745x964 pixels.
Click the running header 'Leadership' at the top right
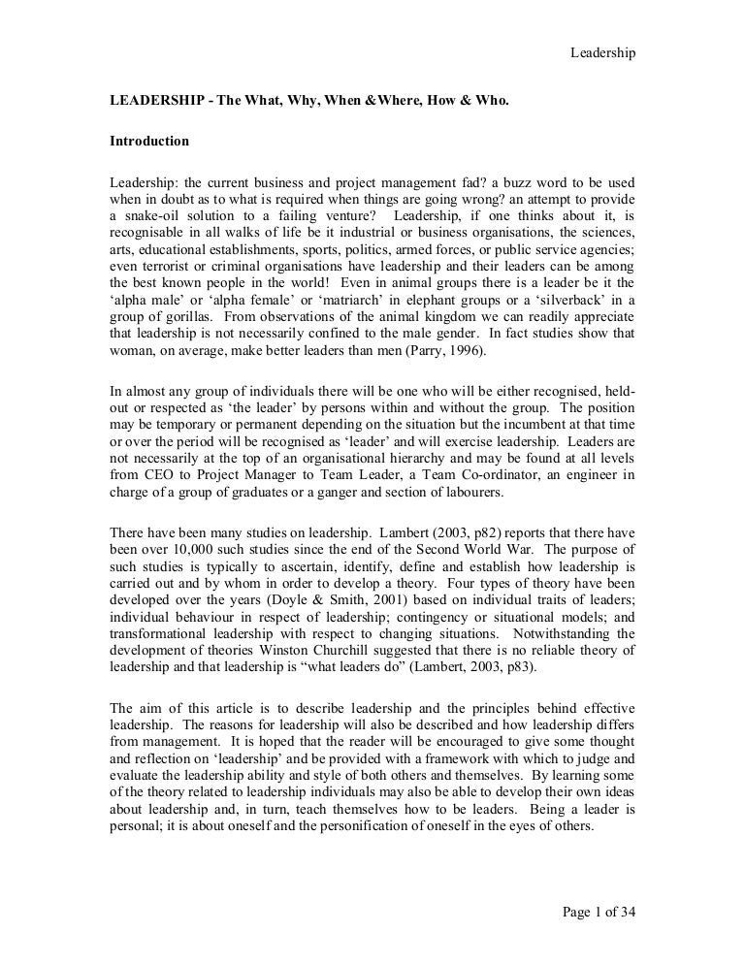pos(601,53)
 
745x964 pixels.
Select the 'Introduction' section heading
pos(148,141)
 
